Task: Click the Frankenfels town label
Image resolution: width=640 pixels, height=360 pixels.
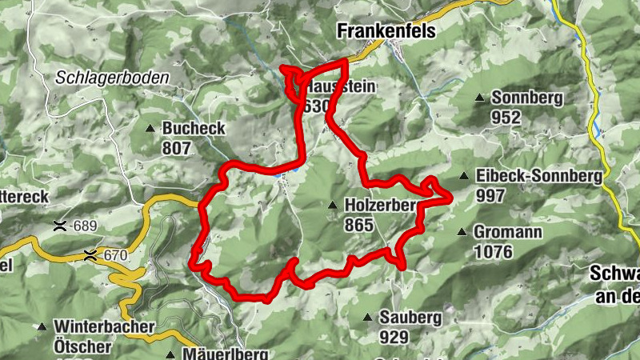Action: point(387,30)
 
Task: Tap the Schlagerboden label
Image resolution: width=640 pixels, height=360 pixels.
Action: point(112,78)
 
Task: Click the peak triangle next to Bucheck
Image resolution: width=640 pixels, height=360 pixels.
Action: point(150,128)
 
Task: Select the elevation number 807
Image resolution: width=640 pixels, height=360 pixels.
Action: point(177,148)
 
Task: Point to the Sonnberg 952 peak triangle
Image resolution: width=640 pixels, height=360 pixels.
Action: point(479,98)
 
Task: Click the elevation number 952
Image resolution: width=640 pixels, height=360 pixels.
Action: point(506,118)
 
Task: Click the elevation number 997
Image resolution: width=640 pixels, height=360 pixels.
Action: point(490,195)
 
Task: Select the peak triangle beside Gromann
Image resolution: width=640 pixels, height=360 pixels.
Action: point(461,233)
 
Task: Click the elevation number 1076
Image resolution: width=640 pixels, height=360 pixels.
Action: point(497,252)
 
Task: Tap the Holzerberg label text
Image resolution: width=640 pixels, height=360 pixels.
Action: point(381,206)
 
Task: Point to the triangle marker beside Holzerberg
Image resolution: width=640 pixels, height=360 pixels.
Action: point(332,206)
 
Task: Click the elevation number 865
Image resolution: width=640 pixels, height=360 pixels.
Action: point(359,225)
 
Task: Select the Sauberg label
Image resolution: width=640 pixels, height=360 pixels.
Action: point(410,318)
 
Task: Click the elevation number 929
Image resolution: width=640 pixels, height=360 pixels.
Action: point(394,337)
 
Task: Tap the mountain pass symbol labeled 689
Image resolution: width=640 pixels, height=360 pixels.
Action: point(59,226)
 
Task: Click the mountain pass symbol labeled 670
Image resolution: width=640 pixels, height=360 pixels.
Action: point(92,256)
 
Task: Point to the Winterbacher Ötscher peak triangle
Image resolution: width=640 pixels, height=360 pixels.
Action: point(42,327)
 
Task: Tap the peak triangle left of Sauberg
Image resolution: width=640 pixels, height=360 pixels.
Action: point(367,318)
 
